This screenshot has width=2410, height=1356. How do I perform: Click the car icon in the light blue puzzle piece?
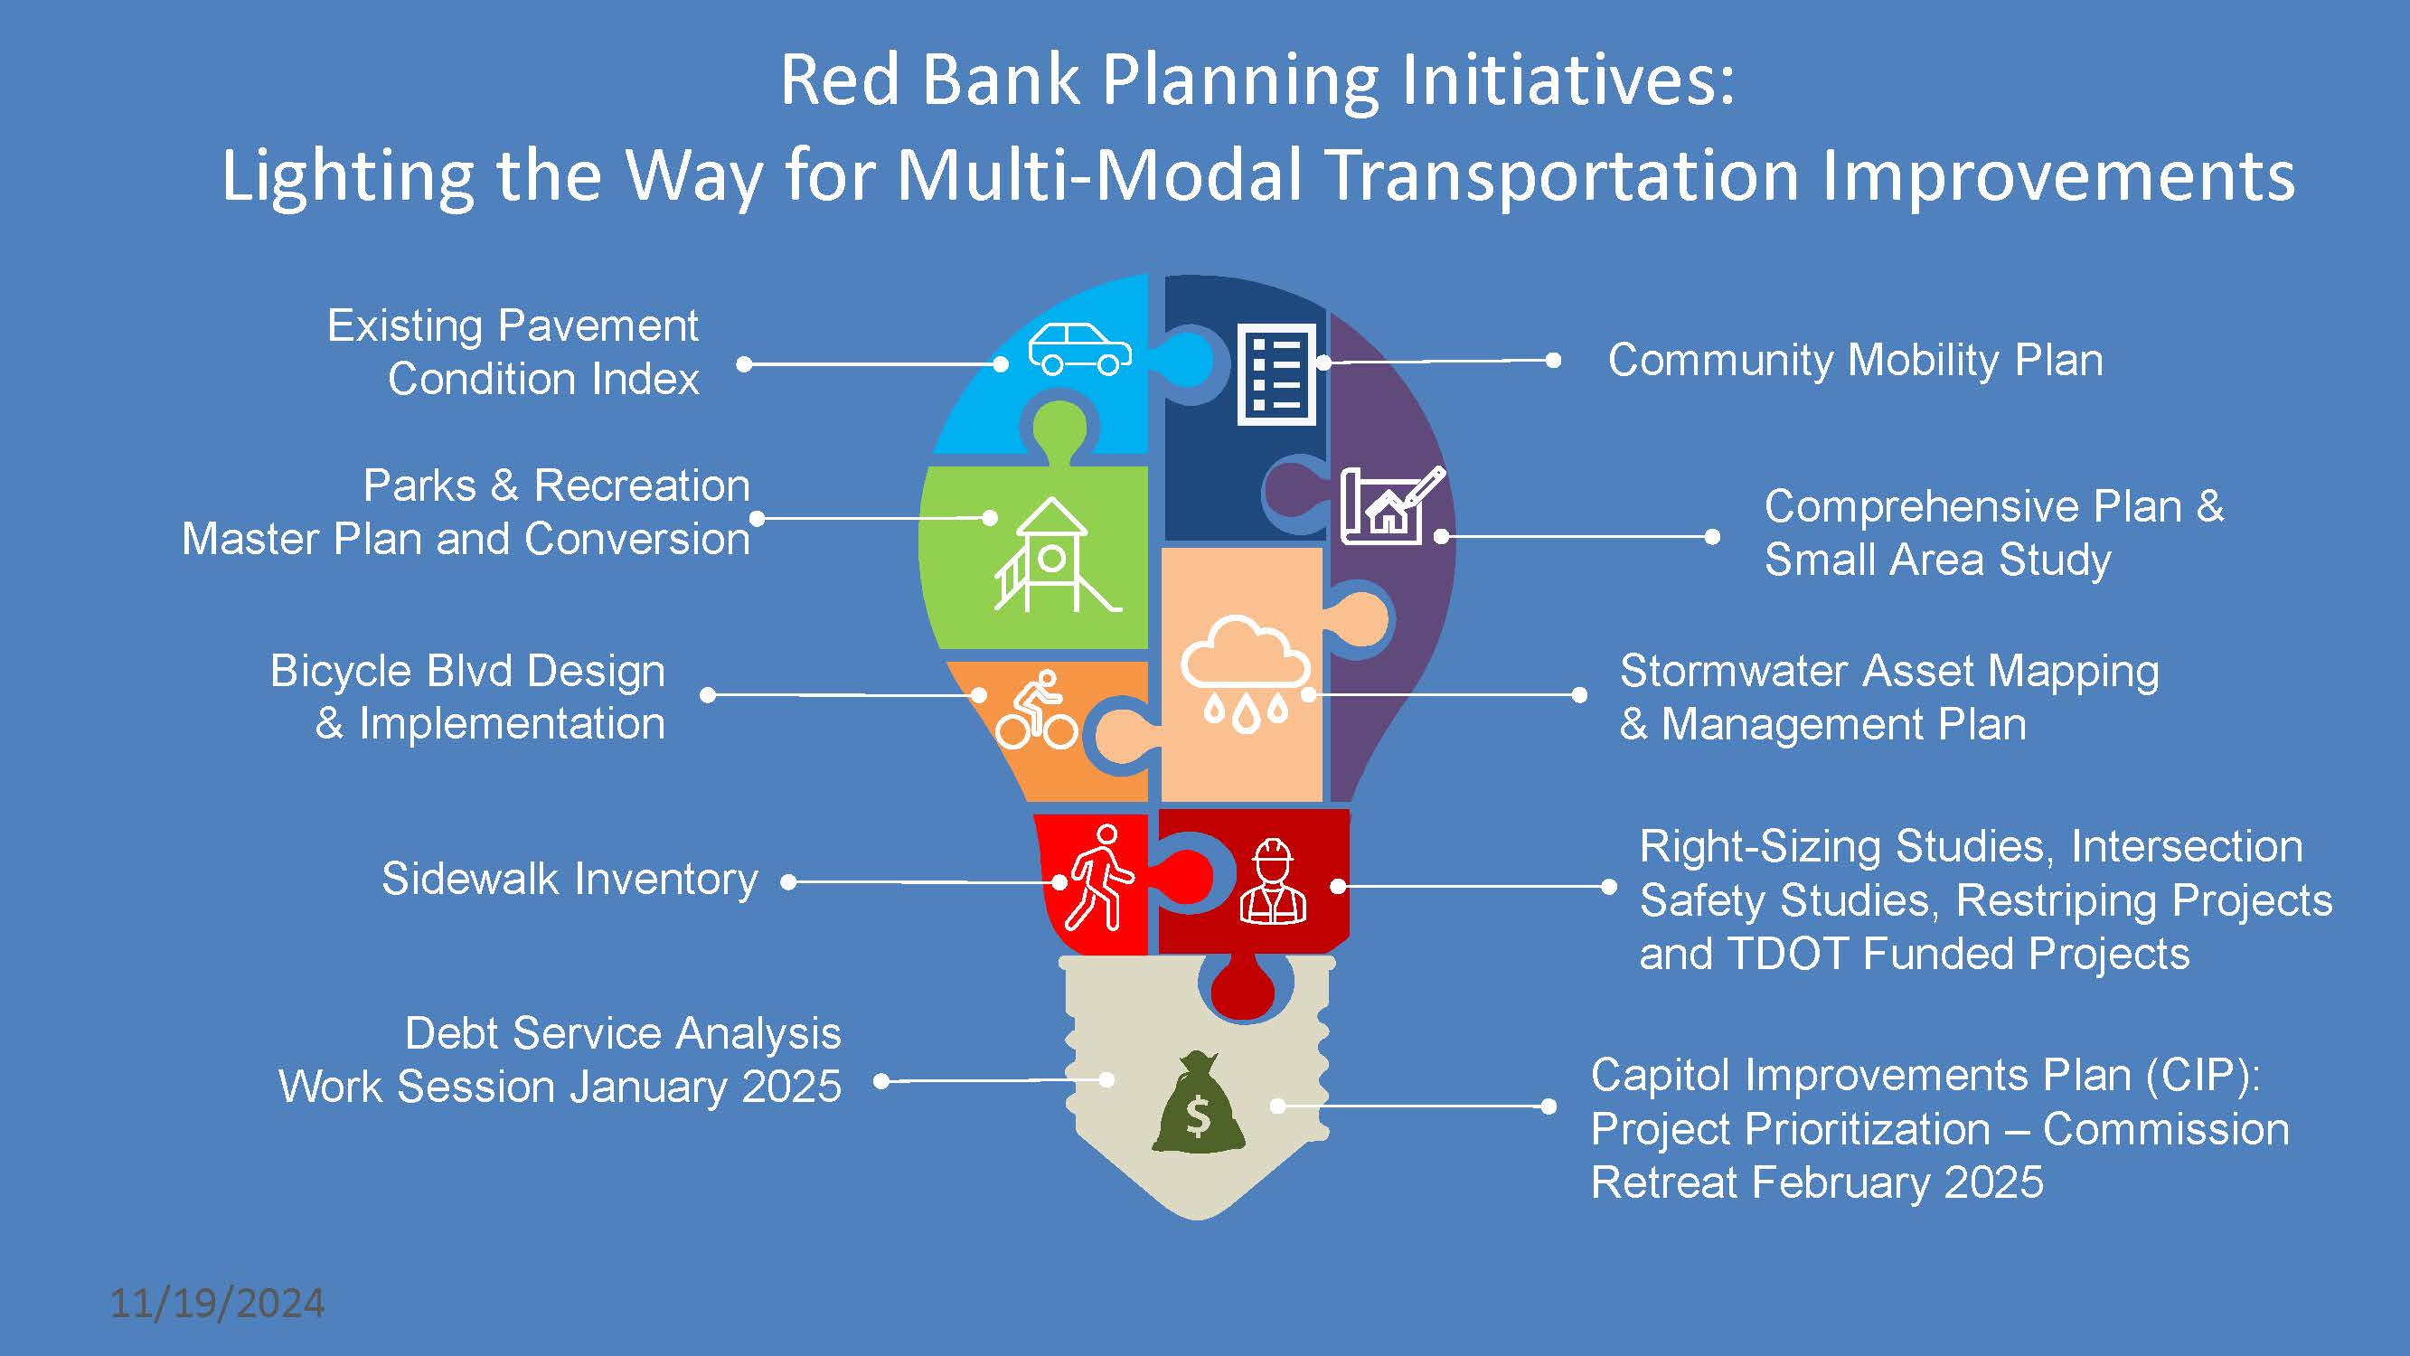pyautogui.click(x=1078, y=349)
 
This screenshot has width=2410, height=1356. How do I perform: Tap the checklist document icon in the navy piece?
pyautogui.click(x=1276, y=374)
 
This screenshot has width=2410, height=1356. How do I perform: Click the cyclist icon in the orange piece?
pyautogui.click(x=1037, y=711)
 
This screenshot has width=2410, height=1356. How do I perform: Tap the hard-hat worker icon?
pyautogui.click(x=1273, y=880)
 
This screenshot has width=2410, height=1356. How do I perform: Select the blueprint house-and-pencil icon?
pyautogui.click(x=1390, y=505)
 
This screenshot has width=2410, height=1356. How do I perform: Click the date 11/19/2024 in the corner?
pyautogui.click(x=217, y=1304)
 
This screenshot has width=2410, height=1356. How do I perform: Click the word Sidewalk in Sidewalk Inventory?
pyautogui.click(x=470, y=880)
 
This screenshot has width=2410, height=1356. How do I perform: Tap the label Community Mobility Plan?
pyautogui.click(x=1855, y=361)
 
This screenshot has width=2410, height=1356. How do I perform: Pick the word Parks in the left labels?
pyautogui.click(x=419, y=486)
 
